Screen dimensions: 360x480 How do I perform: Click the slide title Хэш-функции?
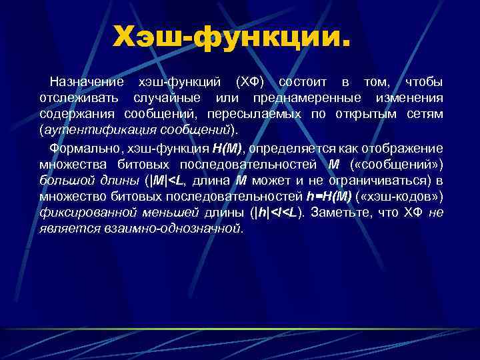tap(231, 37)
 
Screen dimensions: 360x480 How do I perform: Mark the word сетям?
tap(424, 114)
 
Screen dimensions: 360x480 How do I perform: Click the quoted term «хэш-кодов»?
tap(411, 197)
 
